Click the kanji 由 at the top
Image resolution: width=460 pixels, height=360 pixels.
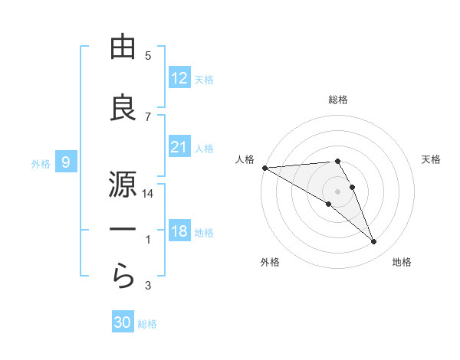[x=123, y=47]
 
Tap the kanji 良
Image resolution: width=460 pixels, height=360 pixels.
[x=123, y=108]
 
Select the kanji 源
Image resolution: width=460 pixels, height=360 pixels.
[x=123, y=184]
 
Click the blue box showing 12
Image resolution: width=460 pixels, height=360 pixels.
[x=179, y=78]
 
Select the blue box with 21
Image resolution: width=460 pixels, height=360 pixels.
[x=179, y=147]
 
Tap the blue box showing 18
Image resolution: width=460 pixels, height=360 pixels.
[x=179, y=231]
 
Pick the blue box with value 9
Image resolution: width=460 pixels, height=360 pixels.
[x=66, y=162]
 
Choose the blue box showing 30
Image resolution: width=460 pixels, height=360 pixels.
[x=123, y=322]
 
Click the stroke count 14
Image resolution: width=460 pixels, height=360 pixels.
[x=149, y=194]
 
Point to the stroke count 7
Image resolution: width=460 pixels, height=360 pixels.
[x=149, y=116]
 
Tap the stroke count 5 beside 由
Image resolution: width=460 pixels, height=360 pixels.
[x=149, y=56]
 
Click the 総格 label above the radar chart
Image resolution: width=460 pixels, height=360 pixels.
[x=338, y=100]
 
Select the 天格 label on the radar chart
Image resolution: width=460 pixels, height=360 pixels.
[x=432, y=159]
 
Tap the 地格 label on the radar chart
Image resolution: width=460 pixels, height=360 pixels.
[x=402, y=262]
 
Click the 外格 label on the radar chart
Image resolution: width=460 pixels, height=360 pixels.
[x=270, y=262]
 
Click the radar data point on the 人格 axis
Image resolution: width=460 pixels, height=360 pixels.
[x=264, y=168]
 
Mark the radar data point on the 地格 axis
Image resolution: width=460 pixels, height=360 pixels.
[x=374, y=242]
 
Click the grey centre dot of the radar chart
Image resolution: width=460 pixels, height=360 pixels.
[x=337, y=191]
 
